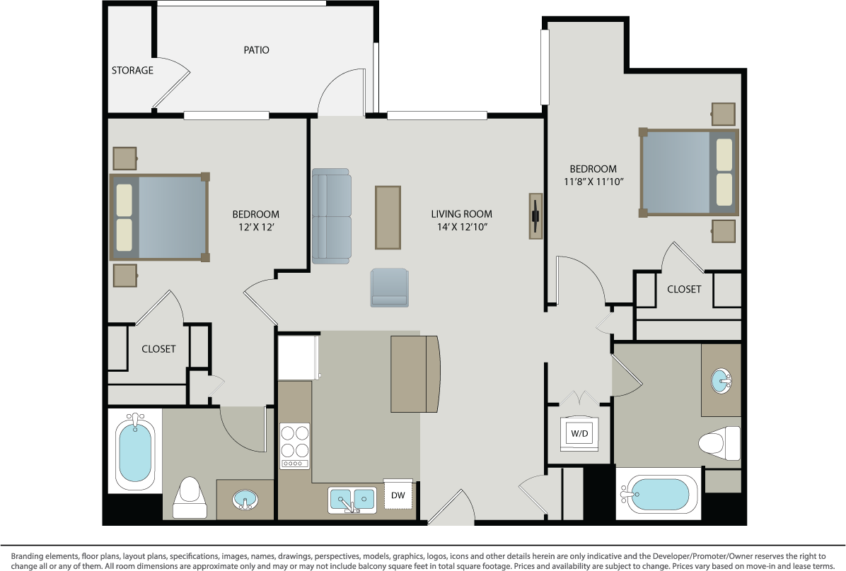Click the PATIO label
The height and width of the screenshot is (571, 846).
(256, 50)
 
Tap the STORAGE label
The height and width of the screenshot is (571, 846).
(132, 71)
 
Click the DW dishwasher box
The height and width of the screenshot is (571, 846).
(398, 495)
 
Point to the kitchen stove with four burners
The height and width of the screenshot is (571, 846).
(295, 445)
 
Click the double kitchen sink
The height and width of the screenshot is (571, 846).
(352, 500)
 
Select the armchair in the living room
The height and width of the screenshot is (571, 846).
(389, 288)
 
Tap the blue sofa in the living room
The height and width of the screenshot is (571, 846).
(332, 216)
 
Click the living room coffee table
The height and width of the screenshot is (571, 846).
(388, 217)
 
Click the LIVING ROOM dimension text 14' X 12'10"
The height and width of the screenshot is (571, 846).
(462, 227)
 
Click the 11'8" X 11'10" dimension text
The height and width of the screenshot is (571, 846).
(593, 182)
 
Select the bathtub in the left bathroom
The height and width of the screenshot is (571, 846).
(134, 451)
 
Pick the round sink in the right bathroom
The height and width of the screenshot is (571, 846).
(722, 381)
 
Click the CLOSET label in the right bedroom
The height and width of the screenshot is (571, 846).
(684, 289)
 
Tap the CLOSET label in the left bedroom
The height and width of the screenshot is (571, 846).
(158, 349)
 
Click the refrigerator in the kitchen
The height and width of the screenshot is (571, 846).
(298, 357)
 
